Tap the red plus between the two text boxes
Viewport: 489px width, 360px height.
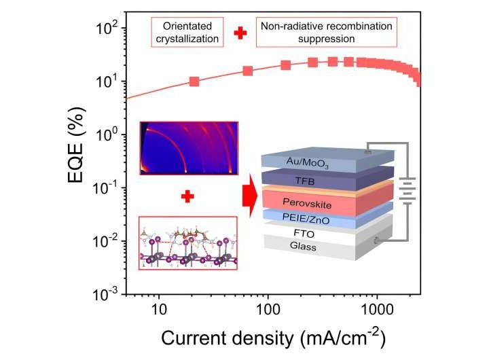[240, 33]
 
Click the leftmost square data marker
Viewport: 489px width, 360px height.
[194, 82]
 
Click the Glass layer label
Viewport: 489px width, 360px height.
[297, 246]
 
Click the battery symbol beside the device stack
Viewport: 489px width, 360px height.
[407, 192]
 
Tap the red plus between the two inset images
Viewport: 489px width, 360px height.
[187, 196]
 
